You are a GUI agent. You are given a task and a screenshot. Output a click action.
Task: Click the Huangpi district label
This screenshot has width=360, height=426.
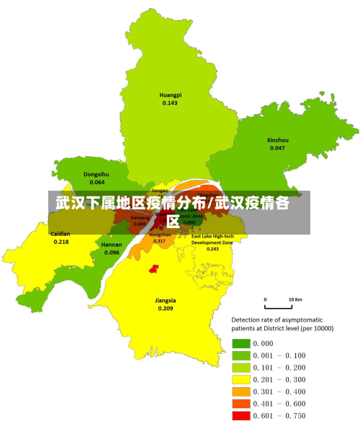[170, 95]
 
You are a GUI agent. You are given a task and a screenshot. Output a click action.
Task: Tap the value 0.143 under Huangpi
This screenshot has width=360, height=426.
[170, 103]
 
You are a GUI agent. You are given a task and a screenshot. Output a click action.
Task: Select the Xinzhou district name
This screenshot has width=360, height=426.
[277, 140]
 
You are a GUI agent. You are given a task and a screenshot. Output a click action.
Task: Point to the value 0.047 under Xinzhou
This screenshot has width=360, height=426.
[277, 148]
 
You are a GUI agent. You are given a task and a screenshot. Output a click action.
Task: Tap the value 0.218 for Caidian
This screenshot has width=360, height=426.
[61, 242]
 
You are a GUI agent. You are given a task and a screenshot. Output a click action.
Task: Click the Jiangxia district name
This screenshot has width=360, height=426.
[166, 300]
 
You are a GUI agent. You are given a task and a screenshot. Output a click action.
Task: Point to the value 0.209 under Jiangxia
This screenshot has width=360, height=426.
[166, 308]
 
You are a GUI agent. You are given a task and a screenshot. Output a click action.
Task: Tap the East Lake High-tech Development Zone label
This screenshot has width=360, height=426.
[212, 240]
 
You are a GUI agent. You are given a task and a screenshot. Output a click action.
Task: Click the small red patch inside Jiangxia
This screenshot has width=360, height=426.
[153, 268]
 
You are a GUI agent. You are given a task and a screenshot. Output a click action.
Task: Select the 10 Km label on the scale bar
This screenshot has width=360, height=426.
[295, 299]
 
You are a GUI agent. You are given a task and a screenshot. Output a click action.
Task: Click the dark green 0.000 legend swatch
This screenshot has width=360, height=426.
[241, 343]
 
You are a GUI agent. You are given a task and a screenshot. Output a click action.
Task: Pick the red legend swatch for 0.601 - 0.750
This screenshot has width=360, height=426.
[241, 416]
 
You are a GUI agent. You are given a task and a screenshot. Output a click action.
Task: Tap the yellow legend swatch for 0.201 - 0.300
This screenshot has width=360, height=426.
[241, 379]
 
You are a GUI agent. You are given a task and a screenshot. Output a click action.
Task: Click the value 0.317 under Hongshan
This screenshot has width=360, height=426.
[159, 241]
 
